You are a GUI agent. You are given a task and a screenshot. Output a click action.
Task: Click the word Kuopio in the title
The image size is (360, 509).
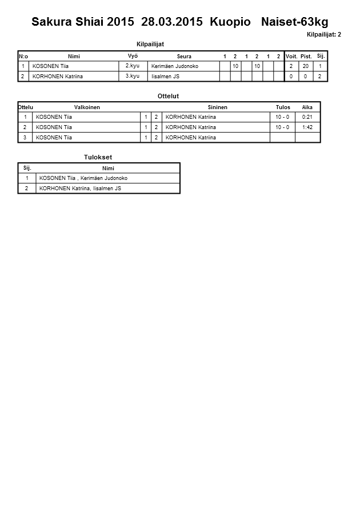230,22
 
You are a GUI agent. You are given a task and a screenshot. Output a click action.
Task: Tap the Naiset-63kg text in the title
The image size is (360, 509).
294,22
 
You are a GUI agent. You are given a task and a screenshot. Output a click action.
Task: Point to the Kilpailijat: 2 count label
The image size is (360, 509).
324,34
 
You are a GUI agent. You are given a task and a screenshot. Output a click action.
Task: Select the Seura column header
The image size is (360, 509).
184,57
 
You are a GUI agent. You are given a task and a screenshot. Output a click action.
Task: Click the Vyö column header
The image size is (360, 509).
133,56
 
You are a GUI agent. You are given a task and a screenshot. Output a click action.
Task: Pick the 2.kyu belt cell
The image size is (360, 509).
133,66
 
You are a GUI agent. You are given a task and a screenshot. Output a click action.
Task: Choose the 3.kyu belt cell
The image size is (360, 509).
133,76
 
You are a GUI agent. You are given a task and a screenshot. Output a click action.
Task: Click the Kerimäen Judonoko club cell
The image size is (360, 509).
175,66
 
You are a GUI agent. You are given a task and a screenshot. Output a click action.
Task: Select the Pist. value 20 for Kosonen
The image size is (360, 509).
306,66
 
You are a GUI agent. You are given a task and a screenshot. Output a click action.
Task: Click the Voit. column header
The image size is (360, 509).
291,57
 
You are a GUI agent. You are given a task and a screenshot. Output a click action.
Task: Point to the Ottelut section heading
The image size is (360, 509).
168,96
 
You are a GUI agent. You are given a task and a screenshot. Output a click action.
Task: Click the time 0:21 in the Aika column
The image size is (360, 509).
307,117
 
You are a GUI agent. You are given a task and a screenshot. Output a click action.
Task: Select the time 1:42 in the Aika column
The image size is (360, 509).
307,127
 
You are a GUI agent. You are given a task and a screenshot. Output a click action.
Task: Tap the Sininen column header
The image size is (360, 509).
218,107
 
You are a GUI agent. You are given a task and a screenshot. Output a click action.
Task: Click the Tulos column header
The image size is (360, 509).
283,107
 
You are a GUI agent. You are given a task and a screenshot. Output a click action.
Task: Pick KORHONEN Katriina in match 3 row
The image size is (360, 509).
190,138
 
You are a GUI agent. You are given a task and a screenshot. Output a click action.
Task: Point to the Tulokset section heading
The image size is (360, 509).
98,157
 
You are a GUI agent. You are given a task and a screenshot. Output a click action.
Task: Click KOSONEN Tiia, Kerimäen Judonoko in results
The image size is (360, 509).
83,178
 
